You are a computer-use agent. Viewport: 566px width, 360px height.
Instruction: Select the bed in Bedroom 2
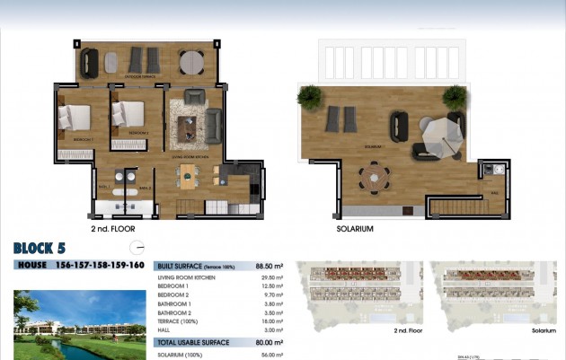(x=128, y=116)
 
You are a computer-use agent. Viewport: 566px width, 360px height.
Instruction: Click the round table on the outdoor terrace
(x=190, y=62)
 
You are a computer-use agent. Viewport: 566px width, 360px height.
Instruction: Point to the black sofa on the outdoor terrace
(x=89, y=61)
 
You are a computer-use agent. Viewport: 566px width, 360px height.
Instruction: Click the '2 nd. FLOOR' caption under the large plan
(x=112, y=229)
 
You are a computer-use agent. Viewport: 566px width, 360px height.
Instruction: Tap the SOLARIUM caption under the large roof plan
(x=355, y=229)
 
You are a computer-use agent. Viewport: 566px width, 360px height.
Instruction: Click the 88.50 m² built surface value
(x=270, y=266)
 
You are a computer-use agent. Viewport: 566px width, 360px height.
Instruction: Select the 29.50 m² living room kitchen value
(x=272, y=278)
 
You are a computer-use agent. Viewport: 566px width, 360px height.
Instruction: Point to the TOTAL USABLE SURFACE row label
(x=193, y=342)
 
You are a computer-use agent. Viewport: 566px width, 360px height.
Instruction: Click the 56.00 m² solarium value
(x=272, y=355)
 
